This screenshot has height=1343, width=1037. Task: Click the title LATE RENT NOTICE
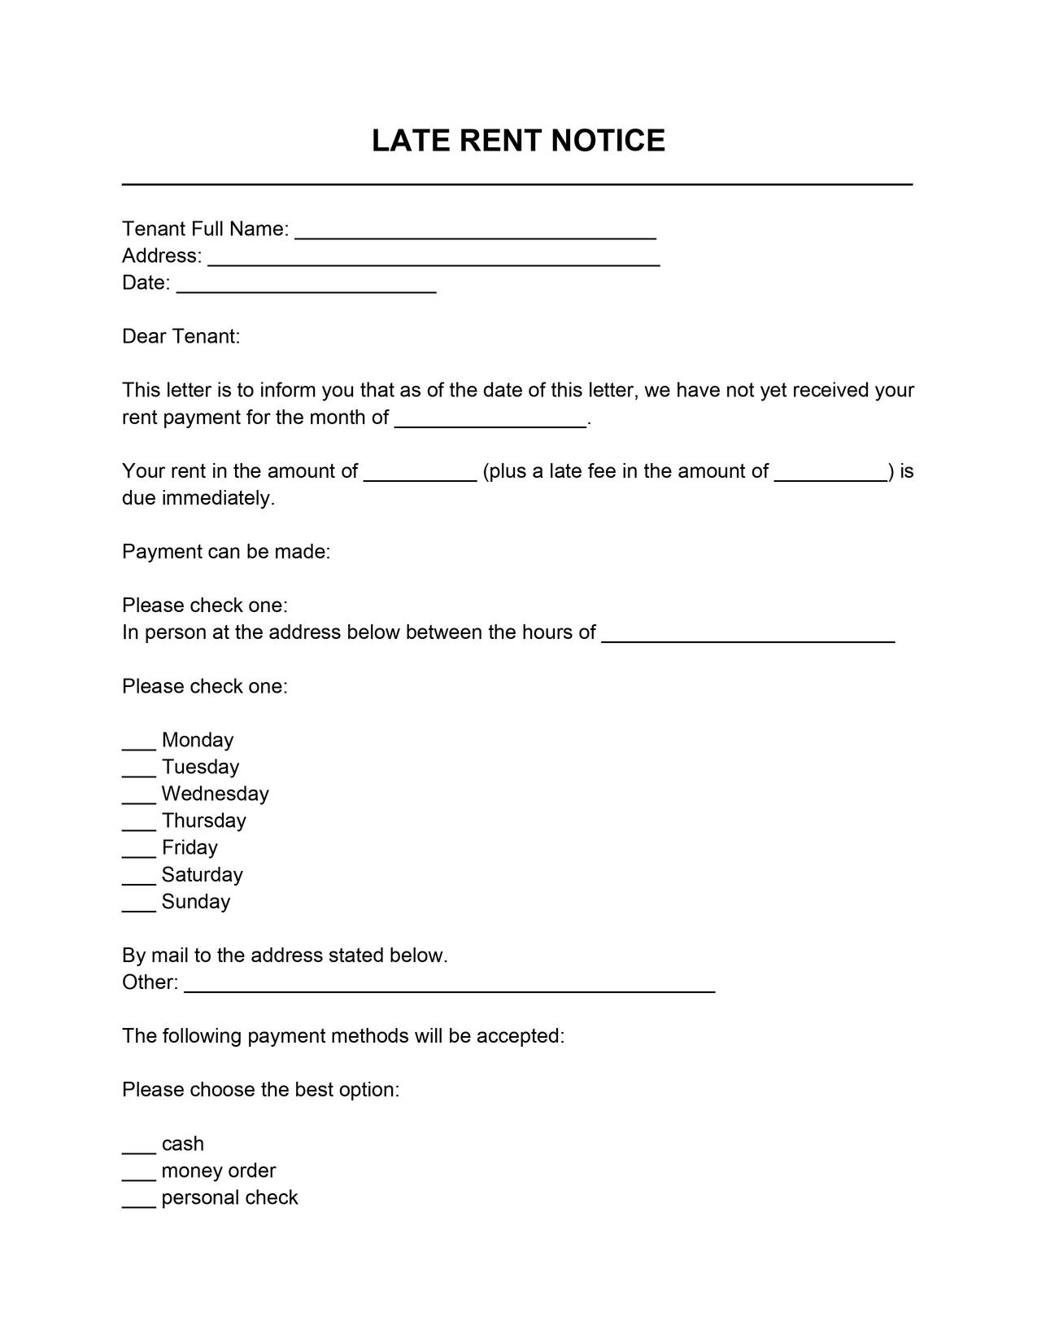[518, 141]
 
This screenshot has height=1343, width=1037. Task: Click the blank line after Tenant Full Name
[475, 231]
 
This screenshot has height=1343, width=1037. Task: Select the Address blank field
[434, 258]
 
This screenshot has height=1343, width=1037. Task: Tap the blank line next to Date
[306, 285]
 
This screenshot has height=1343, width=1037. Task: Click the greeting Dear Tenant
[181, 336]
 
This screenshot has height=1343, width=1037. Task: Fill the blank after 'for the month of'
[490, 419]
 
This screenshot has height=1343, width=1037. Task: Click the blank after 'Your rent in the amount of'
[420, 473]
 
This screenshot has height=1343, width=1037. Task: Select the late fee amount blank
[830, 473]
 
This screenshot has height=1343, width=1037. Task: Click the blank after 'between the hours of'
[748, 634]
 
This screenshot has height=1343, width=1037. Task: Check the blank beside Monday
[139, 741]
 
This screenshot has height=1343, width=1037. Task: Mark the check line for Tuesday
[139, 768]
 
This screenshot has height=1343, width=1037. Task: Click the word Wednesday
[215, 794]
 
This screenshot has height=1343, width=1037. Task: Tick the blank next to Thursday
[139, 822]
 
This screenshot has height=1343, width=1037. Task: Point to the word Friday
[190, 847]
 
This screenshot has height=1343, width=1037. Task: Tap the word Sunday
[196, 901]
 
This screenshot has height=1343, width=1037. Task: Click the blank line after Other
[450, 984]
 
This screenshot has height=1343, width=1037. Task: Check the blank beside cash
[139, 1145]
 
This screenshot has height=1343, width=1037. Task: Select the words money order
[219, 1170]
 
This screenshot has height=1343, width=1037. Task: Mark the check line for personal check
[139, 1199]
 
